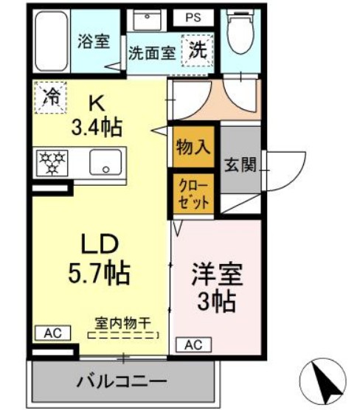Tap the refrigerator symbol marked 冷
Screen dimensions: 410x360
coord(50,97)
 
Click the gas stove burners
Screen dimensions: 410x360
coord(54,161)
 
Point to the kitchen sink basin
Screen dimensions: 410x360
coord(106,162)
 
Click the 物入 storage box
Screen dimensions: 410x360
coord(193,147)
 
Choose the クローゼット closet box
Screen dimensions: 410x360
coord(194,193)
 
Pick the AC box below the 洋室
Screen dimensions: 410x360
coord(191,344)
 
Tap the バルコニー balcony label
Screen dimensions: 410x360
coord(122,382)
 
